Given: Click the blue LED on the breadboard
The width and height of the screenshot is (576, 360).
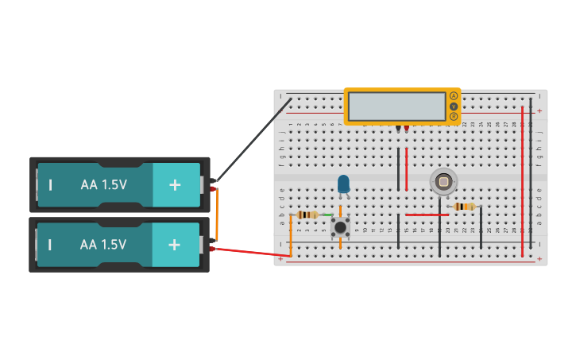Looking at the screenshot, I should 343,184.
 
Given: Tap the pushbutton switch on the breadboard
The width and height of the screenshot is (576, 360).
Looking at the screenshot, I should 340,227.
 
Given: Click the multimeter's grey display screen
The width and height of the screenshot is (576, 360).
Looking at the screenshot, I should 397,106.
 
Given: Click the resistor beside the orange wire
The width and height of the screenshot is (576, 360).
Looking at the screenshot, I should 307,215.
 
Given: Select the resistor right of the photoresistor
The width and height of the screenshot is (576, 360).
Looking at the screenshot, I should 464,207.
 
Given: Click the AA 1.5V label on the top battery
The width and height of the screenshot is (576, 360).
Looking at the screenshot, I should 103,184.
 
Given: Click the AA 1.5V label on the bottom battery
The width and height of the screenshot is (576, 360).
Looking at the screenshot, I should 103,245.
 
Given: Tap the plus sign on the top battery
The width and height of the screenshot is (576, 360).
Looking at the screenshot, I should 174,184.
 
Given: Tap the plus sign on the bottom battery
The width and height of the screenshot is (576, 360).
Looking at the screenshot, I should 174,245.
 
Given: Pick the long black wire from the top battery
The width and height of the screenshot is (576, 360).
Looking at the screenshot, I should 253,139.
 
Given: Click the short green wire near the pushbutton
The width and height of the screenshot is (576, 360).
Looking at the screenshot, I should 328,215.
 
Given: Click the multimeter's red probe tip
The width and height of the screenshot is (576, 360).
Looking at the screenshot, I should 406,128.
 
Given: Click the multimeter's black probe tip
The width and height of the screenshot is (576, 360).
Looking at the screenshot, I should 398,128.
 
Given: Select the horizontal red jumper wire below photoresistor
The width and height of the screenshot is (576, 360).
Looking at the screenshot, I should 422,215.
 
